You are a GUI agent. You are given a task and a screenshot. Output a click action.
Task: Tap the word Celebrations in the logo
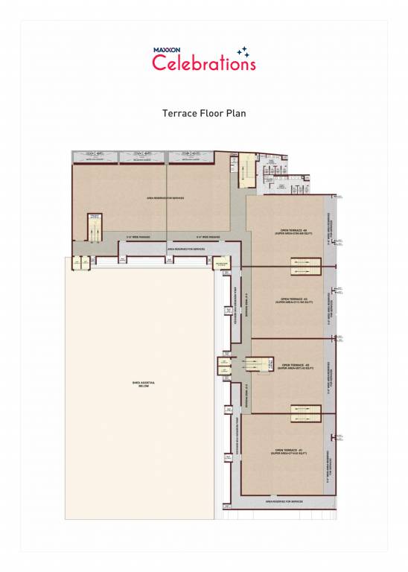203,64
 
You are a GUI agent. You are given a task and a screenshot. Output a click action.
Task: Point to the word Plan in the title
237,114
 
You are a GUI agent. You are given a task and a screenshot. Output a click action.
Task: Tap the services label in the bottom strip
284,502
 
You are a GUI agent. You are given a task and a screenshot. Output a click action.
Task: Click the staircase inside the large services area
95,227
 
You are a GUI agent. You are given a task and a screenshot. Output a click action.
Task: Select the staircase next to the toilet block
243,165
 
